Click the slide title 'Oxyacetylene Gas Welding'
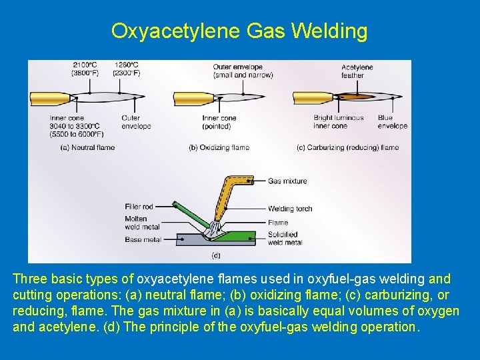239,31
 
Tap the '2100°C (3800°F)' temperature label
84,69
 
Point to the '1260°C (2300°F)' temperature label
127,69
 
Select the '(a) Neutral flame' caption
87,147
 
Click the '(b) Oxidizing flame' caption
219,147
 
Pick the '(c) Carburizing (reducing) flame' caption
347,147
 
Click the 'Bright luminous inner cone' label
339,121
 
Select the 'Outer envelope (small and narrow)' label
243,71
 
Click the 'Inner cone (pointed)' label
219,121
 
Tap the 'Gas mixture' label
287,181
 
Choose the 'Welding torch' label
290,209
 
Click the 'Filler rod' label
139,207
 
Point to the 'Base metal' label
143,239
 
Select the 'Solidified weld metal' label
285,238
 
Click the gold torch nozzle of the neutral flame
50,99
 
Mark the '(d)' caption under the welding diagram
215,255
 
